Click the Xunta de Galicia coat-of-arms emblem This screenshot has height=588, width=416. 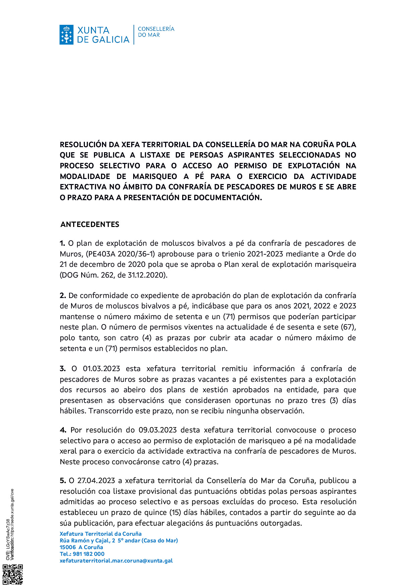(x=66, y=35)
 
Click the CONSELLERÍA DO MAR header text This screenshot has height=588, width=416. (x=156, y=32)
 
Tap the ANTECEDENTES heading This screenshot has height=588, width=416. (x=90, y=225)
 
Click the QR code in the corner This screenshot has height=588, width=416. (x=13, y=575)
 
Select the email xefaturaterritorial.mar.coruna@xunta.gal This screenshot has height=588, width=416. (x=116, y=561)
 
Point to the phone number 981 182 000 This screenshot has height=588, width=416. (x=89, y=554)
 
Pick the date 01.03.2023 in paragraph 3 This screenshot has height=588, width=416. (x=101, y=369)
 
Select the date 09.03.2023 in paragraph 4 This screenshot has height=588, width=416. (x=158, y=430)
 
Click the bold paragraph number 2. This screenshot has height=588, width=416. (x=63, y=296)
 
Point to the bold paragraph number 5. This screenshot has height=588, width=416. (x=63, y=481)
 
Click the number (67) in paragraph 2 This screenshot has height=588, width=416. (x=348, y=327)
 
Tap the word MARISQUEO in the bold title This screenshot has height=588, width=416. (x=155, y=177)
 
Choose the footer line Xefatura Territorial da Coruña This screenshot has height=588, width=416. (x=101, y=534)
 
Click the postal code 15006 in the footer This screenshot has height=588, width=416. (x=68, y=547)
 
